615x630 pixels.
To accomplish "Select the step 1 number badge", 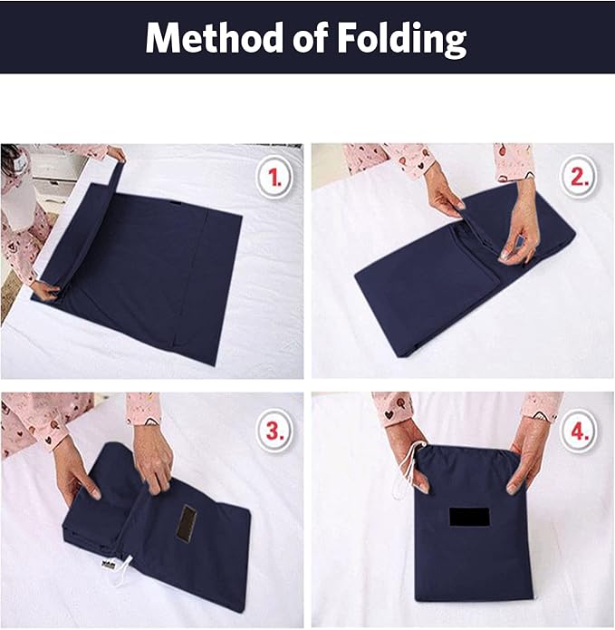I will (274, 179).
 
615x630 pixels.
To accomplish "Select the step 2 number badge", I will (579, 179).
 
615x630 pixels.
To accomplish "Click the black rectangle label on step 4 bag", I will (469, 517).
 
